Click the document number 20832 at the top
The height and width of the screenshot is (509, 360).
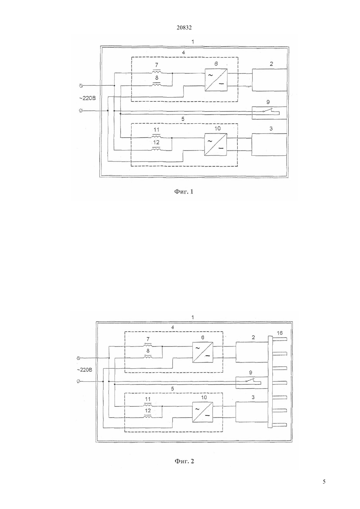(184, 28)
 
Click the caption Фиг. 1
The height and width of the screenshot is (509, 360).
(184, 192)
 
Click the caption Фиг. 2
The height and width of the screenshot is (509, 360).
(184, 461)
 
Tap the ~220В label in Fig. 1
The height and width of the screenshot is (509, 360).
(87, 98)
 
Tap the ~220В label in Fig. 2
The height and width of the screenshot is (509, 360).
(84, 370)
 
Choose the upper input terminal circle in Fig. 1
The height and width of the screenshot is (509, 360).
(81, 85)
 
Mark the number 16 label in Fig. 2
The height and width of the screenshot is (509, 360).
(280, 333)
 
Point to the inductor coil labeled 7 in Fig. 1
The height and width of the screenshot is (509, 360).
(156, 72)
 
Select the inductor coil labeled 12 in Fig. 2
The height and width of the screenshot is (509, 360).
(148, 416)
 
